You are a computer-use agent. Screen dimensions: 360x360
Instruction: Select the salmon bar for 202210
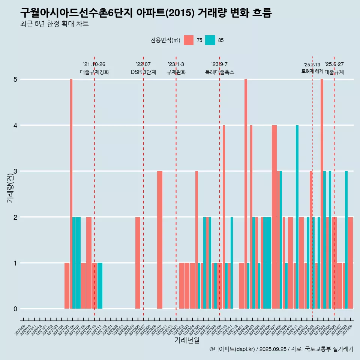[x=160, y=240]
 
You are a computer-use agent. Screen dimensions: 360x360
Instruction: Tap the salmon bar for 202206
[x=138, y=263]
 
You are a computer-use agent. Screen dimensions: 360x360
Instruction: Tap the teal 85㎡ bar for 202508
[x=346, y=240]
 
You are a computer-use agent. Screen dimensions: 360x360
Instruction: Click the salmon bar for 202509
[x=350, y=263]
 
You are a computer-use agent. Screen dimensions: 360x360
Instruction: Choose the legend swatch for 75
[x=189, y=40]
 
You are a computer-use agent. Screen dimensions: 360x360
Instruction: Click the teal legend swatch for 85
[x=210, y=40]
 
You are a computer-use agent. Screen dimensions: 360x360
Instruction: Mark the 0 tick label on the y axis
[x=15, y=309]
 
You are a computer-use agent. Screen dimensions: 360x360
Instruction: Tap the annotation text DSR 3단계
[x=143, y=72]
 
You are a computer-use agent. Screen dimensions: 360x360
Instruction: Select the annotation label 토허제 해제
[x=312, y=71]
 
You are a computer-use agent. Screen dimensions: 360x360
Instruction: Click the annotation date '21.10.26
[x=94, y=64]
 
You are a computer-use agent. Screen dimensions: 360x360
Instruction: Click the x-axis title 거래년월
[x=187, y=340]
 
